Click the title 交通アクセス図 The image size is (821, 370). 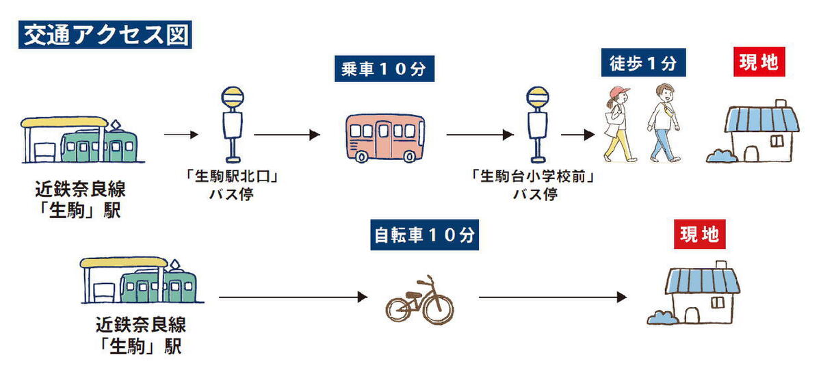(x=104, y=35)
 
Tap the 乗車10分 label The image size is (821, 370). (x=385, y=69)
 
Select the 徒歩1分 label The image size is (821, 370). (x=643, y=63)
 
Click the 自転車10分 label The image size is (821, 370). (x=424, y=236)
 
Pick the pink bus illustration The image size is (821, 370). (x=385, y=137)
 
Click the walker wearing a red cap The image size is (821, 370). (x=618, y=124)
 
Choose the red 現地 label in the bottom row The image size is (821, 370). (x=699, y=235)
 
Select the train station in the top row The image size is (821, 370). (x=79, y=140)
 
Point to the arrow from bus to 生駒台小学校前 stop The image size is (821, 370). (x=479, y=135)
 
